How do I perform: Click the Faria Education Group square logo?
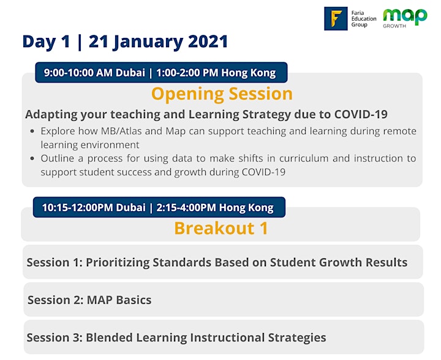(336, 18)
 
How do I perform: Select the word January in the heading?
(148, 42)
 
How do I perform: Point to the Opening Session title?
(222, 94)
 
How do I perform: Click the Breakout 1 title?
(221, 228)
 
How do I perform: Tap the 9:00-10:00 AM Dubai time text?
(94, 73)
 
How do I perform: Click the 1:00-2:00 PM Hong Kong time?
(216, 73)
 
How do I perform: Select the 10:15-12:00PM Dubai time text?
(94, 208)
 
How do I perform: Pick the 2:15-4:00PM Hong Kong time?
(215, 208)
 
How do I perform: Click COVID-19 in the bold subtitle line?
(361, 114)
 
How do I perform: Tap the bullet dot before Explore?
(32, 131)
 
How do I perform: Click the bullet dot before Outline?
(32, 158)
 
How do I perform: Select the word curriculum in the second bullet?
(304, 158)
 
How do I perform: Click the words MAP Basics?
(119, 300)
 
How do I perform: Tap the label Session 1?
(55, 262)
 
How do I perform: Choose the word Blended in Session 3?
(109, 337)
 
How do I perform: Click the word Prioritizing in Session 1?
(118, 263)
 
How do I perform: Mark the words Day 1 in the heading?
(46, 42)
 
